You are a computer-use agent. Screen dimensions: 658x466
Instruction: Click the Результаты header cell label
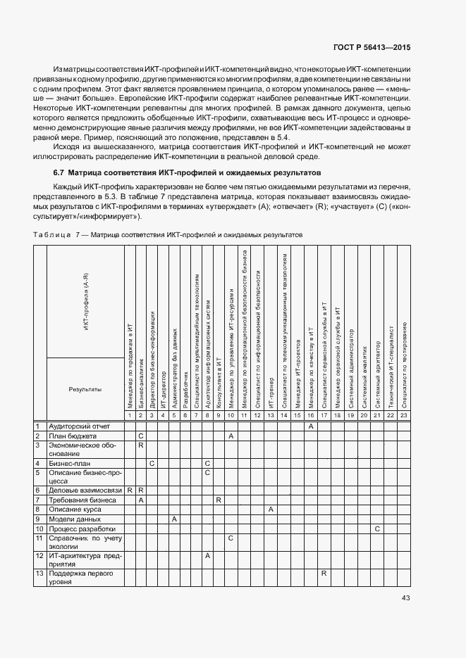pos(85,389)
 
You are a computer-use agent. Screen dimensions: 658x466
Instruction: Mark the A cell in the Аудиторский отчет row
pos(310,426)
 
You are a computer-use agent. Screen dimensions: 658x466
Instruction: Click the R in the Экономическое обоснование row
pos(141,445)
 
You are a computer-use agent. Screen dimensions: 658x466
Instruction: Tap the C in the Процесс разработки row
pos(377,529)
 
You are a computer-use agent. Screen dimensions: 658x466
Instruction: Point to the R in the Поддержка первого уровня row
pos(323,574)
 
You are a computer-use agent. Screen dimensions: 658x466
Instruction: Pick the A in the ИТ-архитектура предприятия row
pos(207,555)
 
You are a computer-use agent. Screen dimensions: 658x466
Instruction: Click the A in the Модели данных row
pos(174,519)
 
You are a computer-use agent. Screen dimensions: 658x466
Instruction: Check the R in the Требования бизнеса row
pos(219,499)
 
